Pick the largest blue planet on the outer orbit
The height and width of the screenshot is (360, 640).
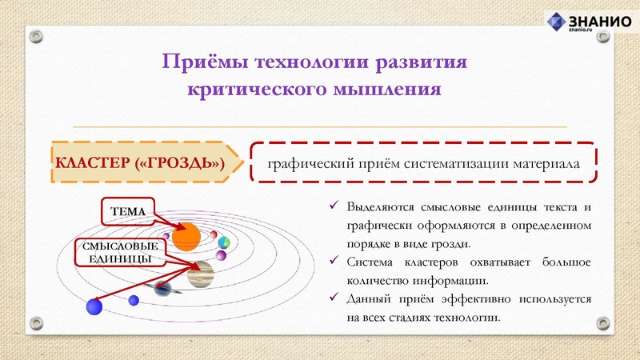pos(95,306)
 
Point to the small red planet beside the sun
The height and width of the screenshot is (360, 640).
pos(166,235)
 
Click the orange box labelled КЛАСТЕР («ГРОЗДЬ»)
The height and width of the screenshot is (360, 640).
pos(140,164)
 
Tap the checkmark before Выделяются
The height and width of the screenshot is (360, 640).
pos(335,206)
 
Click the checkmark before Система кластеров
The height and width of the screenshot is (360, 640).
pos(335,262)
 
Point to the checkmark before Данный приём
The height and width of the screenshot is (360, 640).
pos(335,298)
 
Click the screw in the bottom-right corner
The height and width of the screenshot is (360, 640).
pos(602,324)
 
